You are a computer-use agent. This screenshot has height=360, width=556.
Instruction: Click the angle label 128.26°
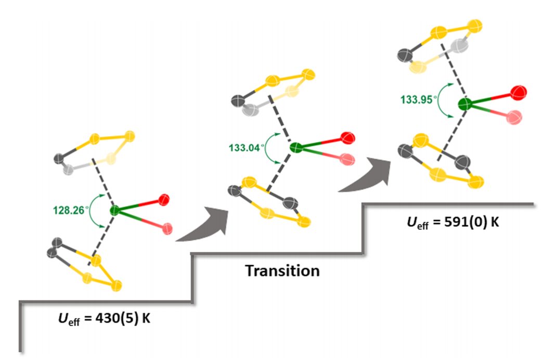point(70,211)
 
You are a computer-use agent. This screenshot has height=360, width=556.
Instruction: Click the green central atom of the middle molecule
point(296,148)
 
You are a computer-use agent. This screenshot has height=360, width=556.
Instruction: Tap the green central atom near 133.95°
point(465,105)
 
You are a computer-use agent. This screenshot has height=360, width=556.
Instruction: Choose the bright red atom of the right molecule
point(518,94)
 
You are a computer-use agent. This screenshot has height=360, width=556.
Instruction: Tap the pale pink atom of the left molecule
point(167,227)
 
